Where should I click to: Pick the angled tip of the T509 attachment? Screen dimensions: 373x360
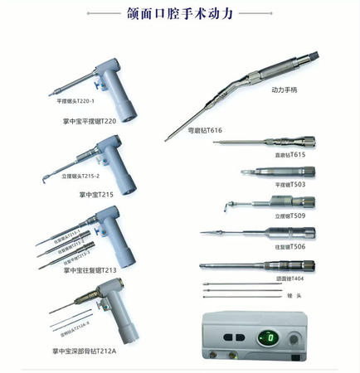[231, 205]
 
